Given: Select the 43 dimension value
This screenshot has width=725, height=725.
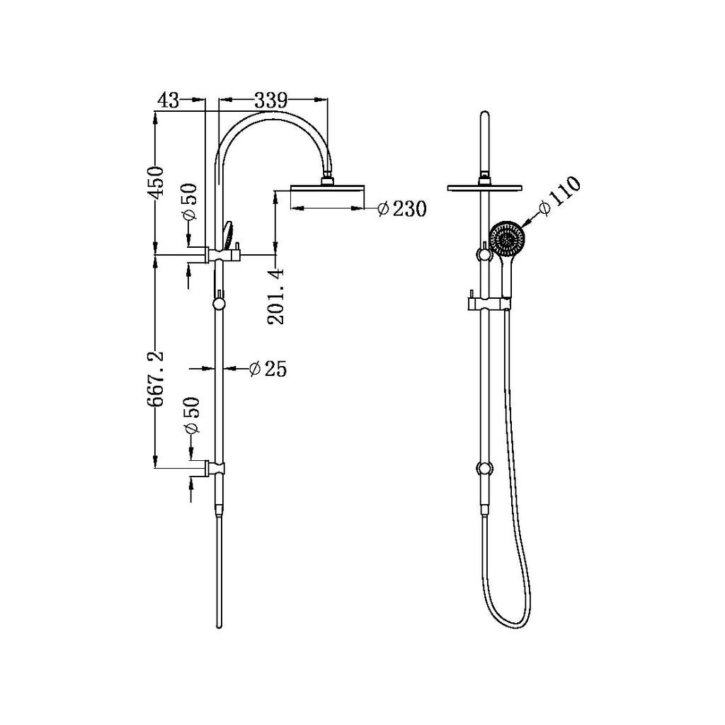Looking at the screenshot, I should (169, 101).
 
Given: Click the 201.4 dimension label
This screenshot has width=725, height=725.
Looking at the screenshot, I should (276, 295).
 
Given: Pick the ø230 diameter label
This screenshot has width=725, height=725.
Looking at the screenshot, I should (401, 209).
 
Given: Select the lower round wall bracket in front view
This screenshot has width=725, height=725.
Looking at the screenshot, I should (484, 468).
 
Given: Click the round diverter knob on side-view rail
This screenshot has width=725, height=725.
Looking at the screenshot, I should (219, 304).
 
